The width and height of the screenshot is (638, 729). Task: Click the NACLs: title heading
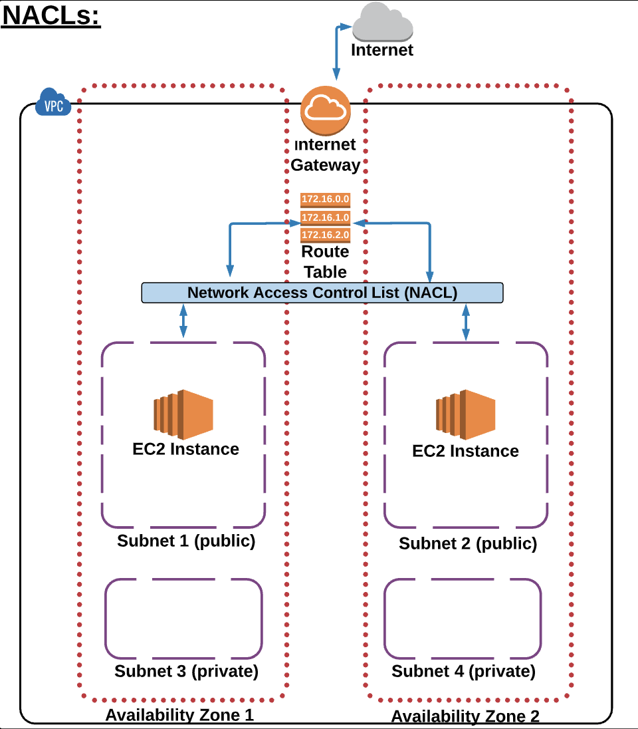(x=51, y=16)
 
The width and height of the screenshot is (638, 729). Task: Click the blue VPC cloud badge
(x=53, y=102)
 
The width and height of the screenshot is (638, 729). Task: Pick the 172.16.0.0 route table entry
(x=325, y=199)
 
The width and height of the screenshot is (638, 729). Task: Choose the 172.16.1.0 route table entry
(x=325, y=218)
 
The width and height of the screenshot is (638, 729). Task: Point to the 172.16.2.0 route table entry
(x=325, y=235)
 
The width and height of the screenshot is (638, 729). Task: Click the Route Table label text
(x=325, y=261)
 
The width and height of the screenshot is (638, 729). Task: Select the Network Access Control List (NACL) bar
(x=322, y=293)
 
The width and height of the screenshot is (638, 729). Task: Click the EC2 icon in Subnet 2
(x=466, y=412)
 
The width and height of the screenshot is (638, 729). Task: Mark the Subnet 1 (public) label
(x=186, y=541)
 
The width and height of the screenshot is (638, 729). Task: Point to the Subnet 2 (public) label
(x=468, y=543)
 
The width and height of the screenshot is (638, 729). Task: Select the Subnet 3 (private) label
(x=186, y=670)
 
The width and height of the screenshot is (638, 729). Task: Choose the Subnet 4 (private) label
(x=463, y=671)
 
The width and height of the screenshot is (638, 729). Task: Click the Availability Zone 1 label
(x=179, y=715)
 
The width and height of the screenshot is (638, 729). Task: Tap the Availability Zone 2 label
(x=465, y=716)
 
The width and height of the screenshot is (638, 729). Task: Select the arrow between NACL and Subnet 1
(x=183, y=321)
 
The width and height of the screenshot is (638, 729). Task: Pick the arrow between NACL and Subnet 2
(x=466, y=322)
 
